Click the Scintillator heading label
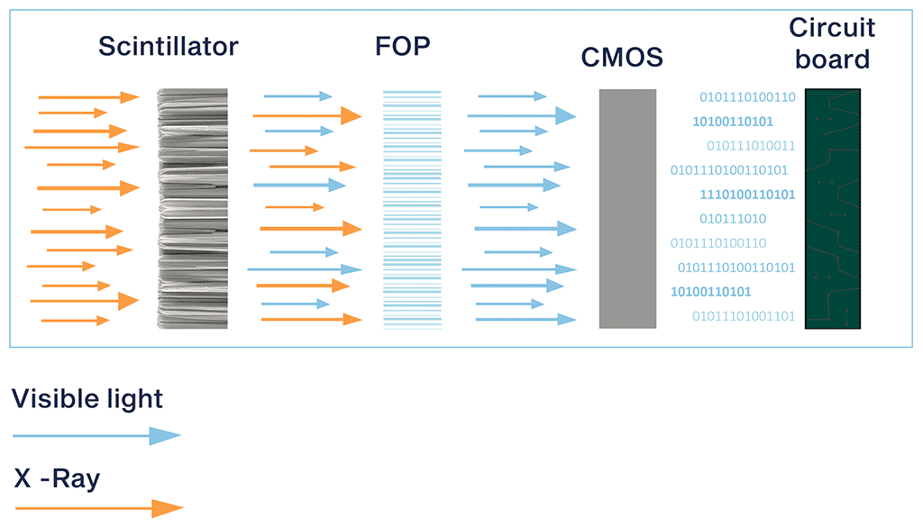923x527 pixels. [168, 47]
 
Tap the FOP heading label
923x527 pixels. [403, 47]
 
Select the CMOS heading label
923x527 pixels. [622, 59]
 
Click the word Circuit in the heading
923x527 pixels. [831, 29]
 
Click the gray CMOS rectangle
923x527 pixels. [627, 208]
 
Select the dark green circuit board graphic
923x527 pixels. [832, 208]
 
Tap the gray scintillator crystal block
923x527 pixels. [192, 208]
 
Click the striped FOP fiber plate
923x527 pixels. [412, 208]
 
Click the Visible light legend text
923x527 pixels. [87, 398]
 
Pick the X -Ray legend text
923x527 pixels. [57, 478]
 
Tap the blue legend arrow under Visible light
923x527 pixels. [96, 436]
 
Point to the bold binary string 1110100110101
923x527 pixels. [747, 195]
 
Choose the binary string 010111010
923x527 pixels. [732, 219]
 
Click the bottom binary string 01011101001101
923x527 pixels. [744, 316]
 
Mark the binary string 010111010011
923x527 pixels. [751, 146]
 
